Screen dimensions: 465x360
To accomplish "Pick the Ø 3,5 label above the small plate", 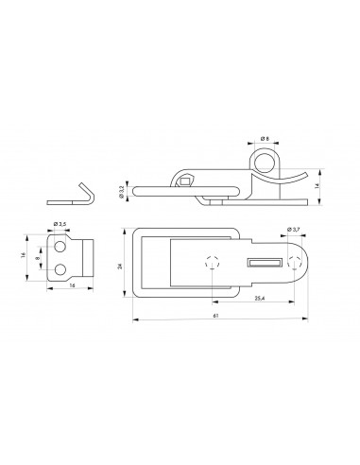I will [59, 224].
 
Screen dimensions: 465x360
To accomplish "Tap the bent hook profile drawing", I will [72, 192].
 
